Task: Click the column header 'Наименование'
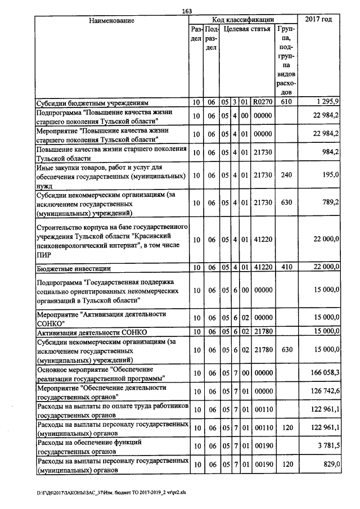111,20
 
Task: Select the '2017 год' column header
318,20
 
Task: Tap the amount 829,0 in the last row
330,464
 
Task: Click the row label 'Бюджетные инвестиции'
73,268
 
